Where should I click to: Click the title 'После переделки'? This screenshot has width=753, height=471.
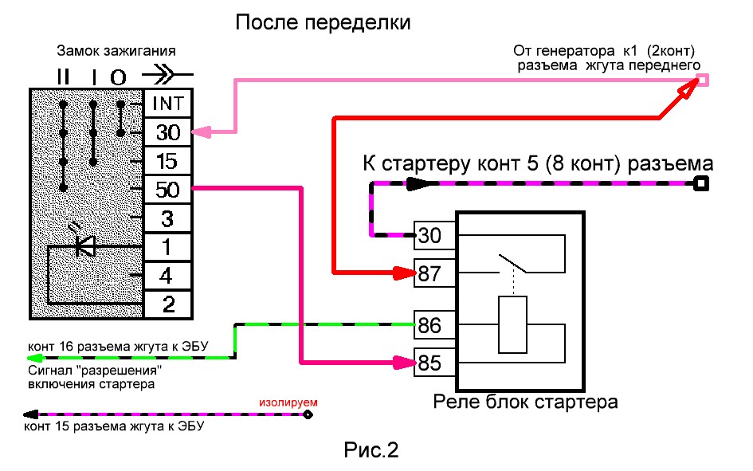(324, 22)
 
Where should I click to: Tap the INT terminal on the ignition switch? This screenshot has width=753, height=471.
(167, 104)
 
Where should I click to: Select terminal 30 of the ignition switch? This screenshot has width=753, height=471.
(167, 132)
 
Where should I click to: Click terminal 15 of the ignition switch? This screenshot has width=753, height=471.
(167, 161)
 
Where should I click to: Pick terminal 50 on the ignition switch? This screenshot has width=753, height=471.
(167, 190)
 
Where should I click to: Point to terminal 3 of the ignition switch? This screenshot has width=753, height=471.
(167, 218)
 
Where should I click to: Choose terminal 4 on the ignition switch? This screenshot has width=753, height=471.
(167, 276)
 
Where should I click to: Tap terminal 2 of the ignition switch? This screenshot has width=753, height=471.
(167, 304)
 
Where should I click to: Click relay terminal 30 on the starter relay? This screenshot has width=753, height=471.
(429, 235)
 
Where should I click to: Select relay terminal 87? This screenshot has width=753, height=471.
(429, 273)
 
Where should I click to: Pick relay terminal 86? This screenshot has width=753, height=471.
(429, 325)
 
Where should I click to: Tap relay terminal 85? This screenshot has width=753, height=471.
(429, 363)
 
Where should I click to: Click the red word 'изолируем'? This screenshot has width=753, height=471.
(288, 402)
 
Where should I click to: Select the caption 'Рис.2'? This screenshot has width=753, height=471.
(371, 450)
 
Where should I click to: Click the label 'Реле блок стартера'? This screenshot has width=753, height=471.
(525, 401)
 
